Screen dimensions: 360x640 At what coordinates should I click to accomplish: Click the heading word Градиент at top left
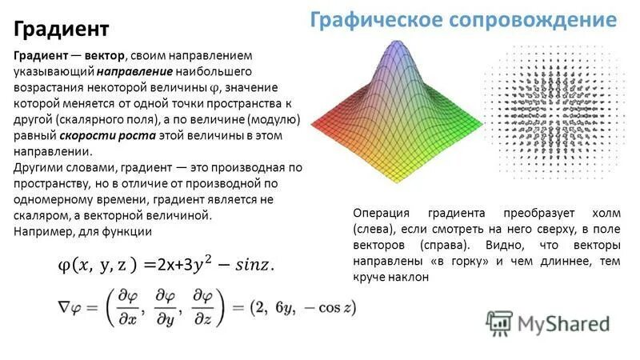pyautogui.click(x=61, y=30)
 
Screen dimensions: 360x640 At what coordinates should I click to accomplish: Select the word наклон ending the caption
pyautogui.click(x=410, y=276)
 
